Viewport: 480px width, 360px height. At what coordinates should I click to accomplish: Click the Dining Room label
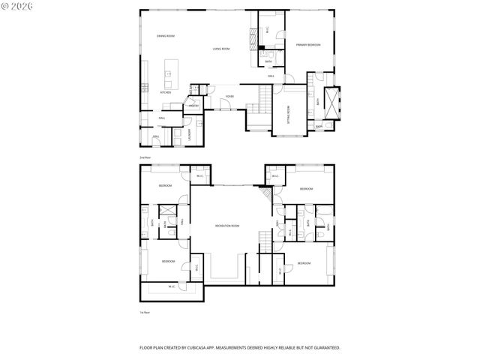[x=165, y=36]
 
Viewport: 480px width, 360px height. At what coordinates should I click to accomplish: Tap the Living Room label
[x=220, y=49]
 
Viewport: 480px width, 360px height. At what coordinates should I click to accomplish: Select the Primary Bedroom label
[x=307, y=45]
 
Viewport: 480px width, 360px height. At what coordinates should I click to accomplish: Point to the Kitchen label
[x=166, y=92]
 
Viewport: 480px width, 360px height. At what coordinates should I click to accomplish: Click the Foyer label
[x=229, y=97]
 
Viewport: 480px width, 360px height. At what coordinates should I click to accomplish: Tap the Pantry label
[x=193, y=106]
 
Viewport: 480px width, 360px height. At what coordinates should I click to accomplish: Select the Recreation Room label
[x=226, y=226]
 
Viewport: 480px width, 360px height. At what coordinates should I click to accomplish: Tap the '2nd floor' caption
[x=144, y=157]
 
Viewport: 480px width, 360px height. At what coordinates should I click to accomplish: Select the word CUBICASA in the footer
[x=206, y=348]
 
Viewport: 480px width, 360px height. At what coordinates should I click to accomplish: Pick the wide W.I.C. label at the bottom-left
[x=172, y=286]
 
